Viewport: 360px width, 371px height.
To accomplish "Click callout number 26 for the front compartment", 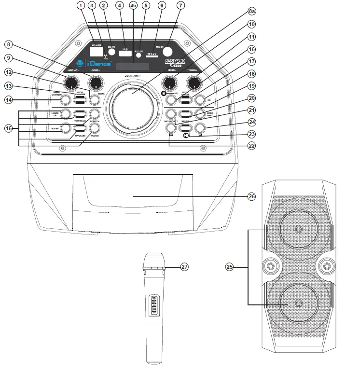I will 251,196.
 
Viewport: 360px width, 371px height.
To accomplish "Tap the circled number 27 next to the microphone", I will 183,266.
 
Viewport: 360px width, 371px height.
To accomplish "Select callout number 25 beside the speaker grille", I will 230,266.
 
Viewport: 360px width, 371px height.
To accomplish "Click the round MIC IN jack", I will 167,52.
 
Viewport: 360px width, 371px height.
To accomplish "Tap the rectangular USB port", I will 125,54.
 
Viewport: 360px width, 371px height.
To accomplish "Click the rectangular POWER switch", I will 97,51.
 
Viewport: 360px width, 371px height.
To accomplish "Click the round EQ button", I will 201,100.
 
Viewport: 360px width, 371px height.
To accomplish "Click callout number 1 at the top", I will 80,5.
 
